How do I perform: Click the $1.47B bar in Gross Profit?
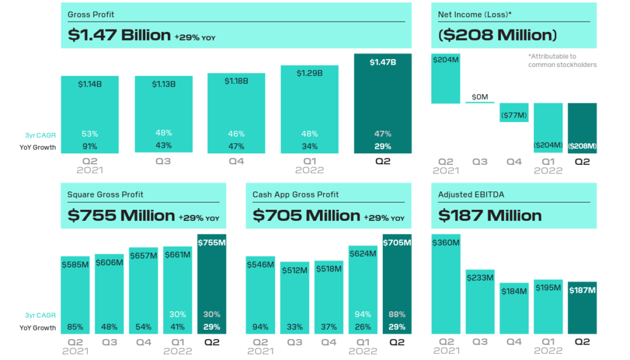pos(383,105)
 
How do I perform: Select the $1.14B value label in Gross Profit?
pos(90,84)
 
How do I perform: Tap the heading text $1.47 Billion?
pos(119,35)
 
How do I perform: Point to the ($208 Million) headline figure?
pos(497,35)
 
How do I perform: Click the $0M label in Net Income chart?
pos(479,97)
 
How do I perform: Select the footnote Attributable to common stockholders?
pos(562,60)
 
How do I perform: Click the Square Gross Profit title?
pos(105,194)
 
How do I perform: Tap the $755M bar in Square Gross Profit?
pos(211,283)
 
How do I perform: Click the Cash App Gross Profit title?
pos(295,194)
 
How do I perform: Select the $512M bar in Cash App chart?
pos(295,298)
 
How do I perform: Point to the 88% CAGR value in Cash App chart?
pos(397,314)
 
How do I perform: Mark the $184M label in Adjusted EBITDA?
pos(514,291)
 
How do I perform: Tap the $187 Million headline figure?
pos(490,215)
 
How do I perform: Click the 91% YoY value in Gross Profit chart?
pos(90,146)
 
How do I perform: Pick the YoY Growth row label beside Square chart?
pos(38,327)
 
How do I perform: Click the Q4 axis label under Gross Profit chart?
pos(236,162)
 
